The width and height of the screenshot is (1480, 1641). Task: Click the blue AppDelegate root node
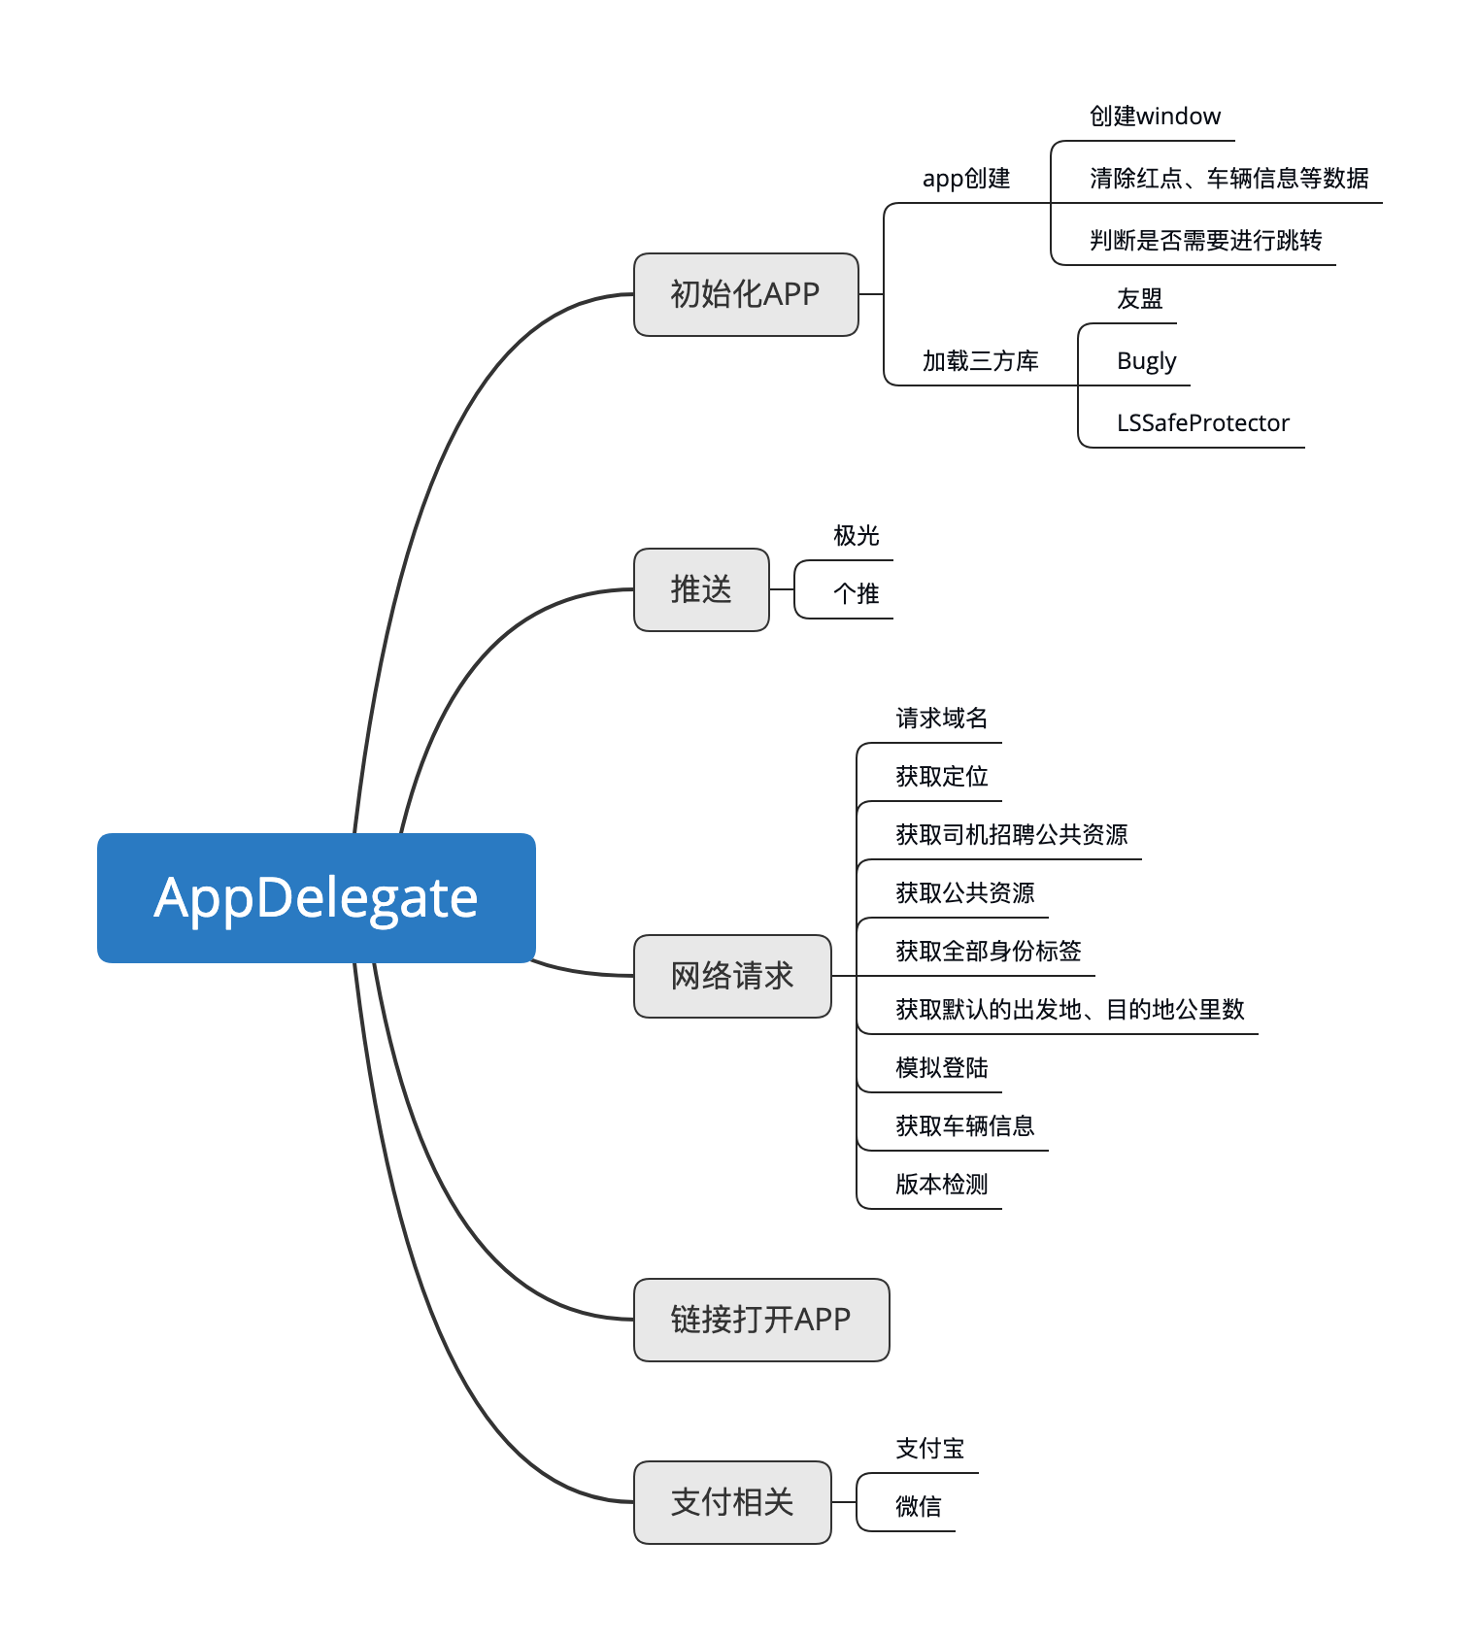[x=316, y=897]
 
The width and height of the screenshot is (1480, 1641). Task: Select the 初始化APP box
[x=745, y=294]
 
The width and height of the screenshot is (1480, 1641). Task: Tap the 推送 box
[x=700, y=589]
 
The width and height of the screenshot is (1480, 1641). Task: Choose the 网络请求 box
[x=731, y=976]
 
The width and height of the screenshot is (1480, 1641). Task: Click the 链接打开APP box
[x=760, y=1320]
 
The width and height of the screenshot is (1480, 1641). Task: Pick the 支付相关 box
[x=731, y=1502]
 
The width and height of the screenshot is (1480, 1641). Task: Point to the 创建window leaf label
[x=1154, y=117]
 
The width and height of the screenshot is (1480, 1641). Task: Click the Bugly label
[x=1146, y=361]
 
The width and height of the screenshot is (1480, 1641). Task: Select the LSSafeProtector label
[x=1202, y=423]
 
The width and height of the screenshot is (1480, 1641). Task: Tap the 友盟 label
[x=1139, y=299]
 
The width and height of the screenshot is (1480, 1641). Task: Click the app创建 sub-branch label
[x=966, y=179]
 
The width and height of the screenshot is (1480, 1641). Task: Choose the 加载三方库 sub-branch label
[x=980, y=361]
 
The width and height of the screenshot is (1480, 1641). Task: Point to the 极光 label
[x=856, y=536]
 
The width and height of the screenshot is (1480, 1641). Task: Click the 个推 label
[x=856, y=594]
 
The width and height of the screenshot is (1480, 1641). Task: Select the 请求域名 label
[x=941, y=719]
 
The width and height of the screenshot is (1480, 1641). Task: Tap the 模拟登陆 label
[x=941, y=1068]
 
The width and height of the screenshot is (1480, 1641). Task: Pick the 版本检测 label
[x=941, y=1185]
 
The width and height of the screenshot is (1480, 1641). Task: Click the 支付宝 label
[x=929, y=1449]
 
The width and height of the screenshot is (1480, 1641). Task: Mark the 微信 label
[x=918, y=1507]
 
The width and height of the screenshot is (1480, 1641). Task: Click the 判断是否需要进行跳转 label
[x=1205, y=241]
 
